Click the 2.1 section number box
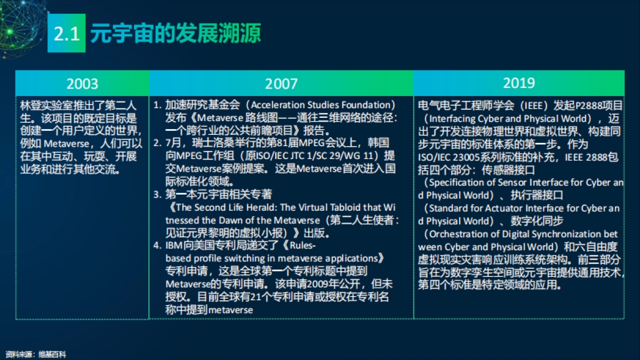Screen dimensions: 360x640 [67, 34]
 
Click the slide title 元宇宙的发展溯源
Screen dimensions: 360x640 [175, 34]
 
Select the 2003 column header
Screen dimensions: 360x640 [82, 84]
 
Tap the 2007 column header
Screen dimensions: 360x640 [281, 84]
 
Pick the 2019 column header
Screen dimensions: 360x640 [518, 83]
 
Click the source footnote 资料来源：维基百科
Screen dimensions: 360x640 [36, 354]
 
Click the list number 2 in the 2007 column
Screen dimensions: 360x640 [157, 143]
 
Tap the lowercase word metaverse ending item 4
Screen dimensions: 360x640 [230, 310]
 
